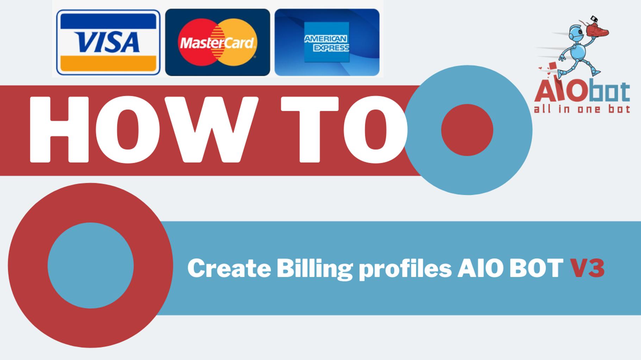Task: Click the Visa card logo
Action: point(108,42)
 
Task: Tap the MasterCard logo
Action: point(217,43)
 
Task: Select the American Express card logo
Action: point(327,42)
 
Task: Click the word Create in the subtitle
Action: point(229,268)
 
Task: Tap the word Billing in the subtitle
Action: point(314,269)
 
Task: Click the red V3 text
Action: point(587,268)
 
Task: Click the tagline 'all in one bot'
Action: point(582,109)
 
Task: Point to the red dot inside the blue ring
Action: point(467,130)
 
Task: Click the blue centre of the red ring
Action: point(91,266)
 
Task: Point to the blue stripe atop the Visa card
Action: point(108,21)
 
